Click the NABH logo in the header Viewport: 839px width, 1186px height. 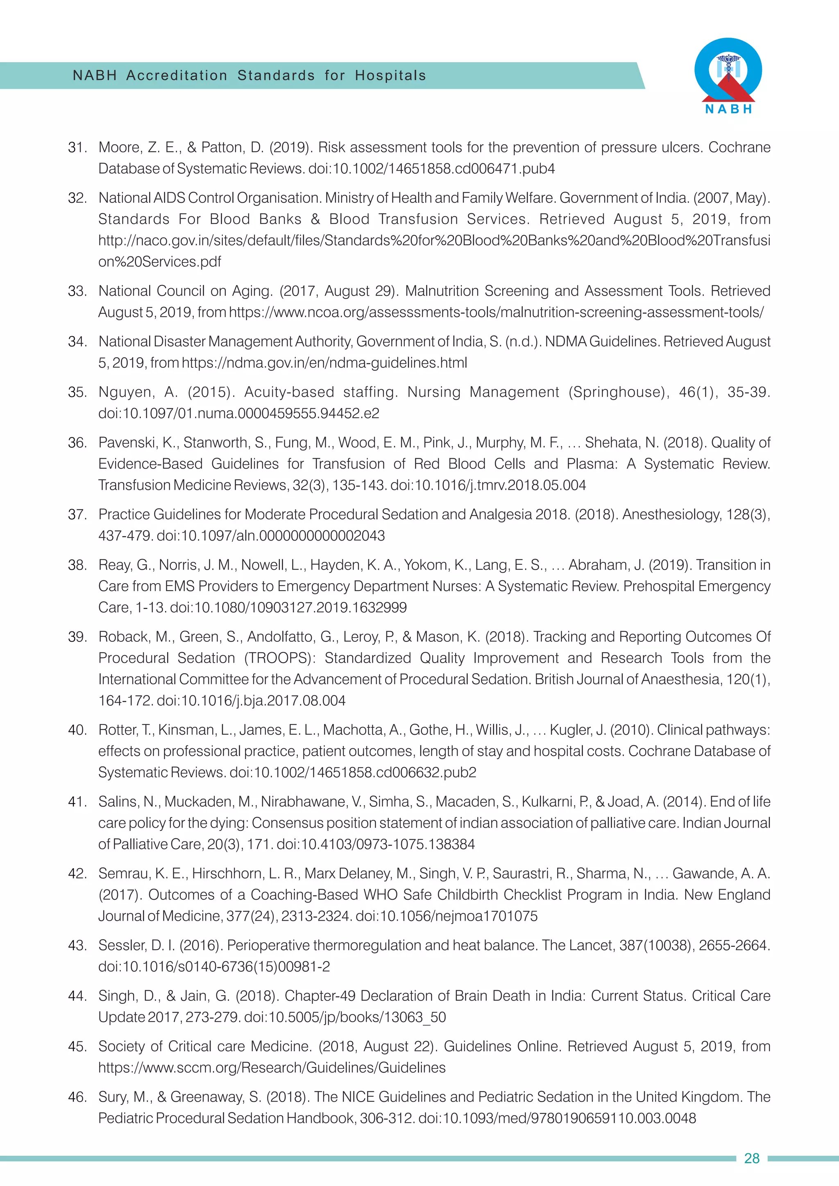click(728, 75)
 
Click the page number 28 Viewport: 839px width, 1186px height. click(751, 1158)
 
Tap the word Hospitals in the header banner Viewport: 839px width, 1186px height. click(390, 75)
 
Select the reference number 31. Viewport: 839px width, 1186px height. click(77, 148)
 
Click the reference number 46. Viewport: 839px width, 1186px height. click(77, 1097)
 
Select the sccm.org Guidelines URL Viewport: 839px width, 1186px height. click(272, 1068)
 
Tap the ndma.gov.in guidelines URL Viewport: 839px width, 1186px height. click(324, 363)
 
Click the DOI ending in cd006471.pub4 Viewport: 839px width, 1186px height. click(431, 169)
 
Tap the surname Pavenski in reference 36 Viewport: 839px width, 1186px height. click(127, 443)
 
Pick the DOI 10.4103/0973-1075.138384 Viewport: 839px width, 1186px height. click(376, 844)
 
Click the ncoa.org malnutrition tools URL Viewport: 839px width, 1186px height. click(496, 312)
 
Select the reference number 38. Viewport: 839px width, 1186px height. click(77, 565)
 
